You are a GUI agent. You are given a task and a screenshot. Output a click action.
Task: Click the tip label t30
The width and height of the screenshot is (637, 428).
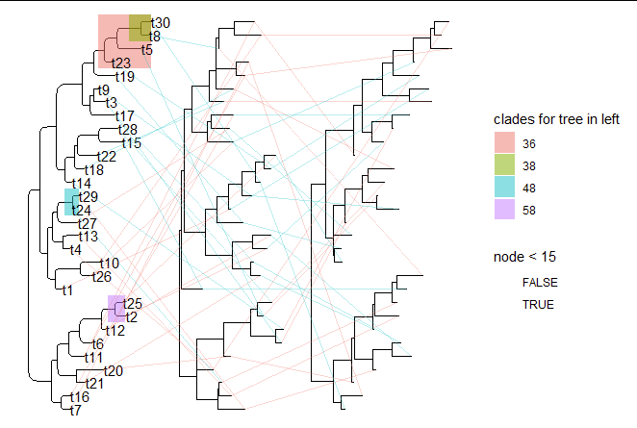161,22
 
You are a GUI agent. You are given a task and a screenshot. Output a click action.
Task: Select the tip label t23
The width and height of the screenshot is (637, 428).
121,63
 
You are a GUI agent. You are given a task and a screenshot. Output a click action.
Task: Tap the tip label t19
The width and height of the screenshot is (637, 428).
125,77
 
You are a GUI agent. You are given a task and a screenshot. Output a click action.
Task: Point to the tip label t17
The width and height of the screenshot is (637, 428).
125,116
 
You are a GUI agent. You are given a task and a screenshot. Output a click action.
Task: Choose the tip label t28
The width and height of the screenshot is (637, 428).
127,130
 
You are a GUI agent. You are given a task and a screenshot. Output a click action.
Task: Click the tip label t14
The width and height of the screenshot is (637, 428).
81,184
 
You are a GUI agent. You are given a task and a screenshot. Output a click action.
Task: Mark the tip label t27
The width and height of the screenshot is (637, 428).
87,223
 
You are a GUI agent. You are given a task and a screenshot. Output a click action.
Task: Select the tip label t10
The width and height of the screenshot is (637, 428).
109,264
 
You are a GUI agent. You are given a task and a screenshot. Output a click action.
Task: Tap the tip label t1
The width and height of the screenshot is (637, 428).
67,290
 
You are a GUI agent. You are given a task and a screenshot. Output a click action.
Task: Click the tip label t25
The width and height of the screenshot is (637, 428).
133,304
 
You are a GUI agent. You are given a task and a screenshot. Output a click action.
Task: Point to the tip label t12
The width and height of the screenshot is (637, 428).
115,331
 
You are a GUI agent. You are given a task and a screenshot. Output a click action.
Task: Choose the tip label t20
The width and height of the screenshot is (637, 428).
113,371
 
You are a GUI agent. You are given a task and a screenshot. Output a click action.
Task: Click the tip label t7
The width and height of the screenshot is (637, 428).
75,411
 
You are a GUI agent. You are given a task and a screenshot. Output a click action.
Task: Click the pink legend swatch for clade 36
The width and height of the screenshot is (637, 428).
504,143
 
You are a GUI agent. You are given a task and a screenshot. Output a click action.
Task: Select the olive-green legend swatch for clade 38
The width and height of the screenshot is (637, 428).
504,165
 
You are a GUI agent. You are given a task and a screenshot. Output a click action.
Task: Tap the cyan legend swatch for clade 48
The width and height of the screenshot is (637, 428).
504,188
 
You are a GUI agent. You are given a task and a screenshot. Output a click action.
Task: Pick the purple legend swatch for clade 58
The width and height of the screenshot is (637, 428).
504,210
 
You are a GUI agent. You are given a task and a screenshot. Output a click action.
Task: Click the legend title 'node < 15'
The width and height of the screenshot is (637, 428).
524,257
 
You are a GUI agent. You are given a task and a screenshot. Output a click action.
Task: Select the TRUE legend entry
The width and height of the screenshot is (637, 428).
538,305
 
